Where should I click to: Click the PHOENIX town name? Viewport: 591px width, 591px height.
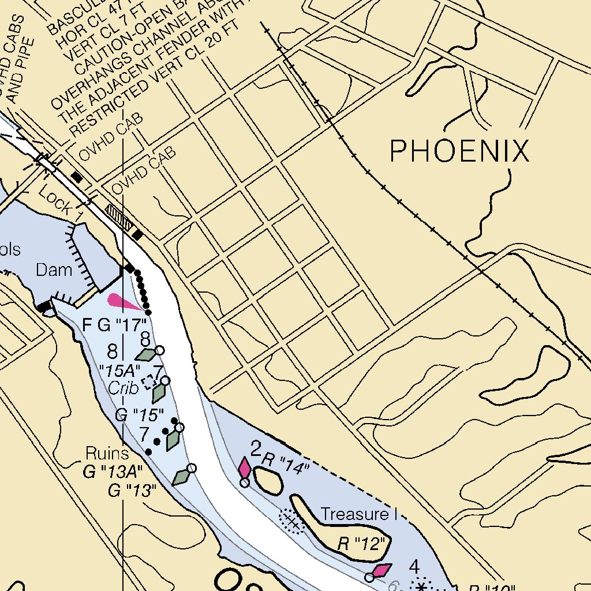[459, 151]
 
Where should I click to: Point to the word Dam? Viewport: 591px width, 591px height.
[54, 270]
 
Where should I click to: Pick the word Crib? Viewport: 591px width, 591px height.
[124, 388]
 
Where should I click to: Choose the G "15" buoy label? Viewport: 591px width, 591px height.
[140, 414]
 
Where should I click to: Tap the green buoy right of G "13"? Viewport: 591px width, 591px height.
[182, 477]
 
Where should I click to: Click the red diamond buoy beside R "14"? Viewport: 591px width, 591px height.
[245, 468]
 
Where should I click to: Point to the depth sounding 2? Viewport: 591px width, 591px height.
[256, 448]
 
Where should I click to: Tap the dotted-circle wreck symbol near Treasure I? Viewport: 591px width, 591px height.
[292, 522]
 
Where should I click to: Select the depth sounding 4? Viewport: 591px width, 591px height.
[414, 567]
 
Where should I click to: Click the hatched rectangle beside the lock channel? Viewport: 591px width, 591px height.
[119, 217]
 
